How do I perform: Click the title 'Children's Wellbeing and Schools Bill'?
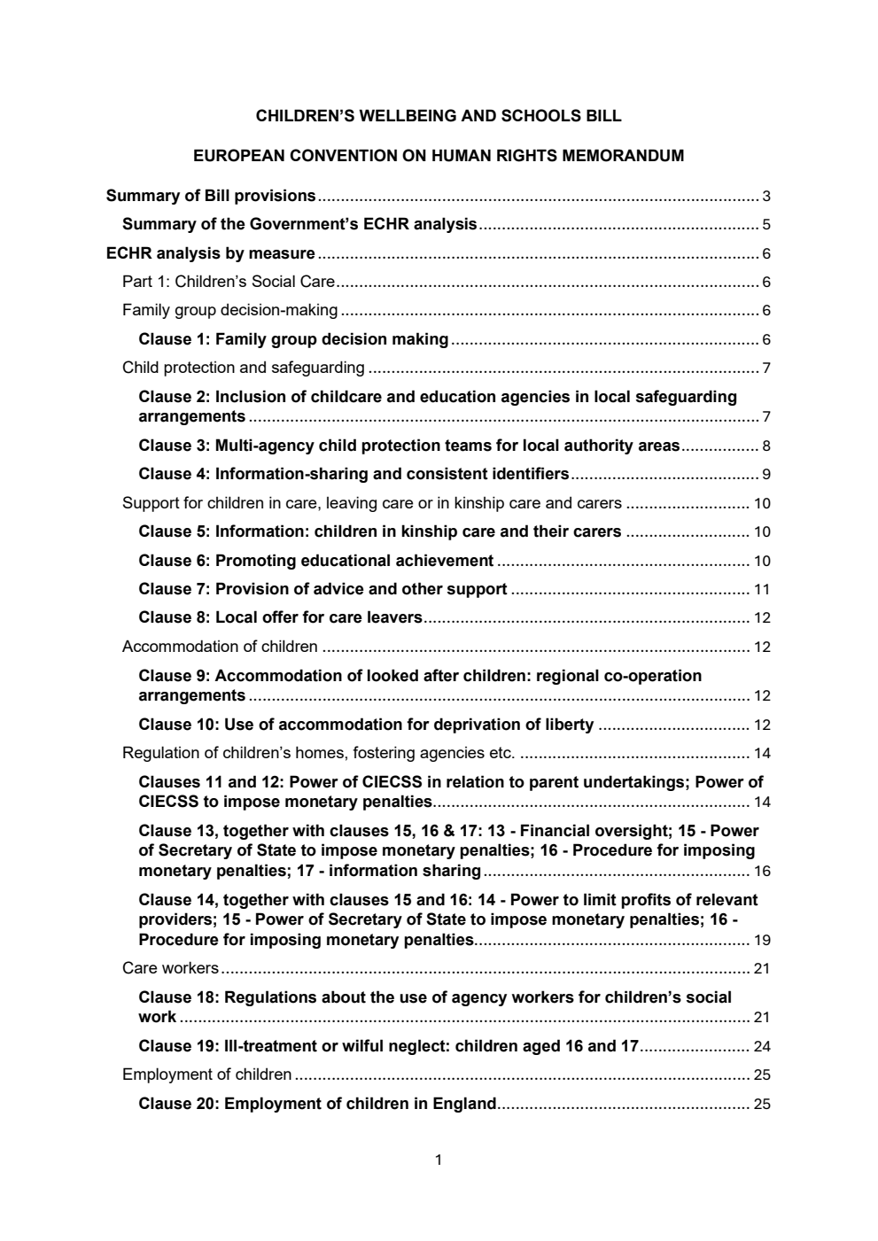[439, 116]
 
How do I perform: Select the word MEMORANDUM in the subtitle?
[624, 156]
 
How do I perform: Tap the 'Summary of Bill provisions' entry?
[211, 196]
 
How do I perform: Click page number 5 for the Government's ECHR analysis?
[765, 225]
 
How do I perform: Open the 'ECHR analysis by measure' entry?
[210, 253]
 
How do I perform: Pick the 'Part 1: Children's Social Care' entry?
[229, 283]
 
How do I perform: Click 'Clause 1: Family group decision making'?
[293, 339]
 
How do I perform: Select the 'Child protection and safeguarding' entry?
[244, 368]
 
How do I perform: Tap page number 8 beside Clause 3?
[765, 446]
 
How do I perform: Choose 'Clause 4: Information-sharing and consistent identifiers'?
[354, 474]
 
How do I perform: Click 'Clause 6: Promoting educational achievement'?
[315, 561]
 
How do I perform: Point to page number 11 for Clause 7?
[762, 590]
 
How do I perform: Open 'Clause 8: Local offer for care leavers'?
[280, 617]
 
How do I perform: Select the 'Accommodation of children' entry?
[220, 647]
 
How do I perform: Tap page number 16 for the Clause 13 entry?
[762, 872]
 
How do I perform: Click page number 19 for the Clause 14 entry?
[762, 941]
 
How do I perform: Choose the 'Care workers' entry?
[170, 968]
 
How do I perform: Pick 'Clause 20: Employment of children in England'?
[317, 1104]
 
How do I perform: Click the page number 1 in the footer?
[439, 1160]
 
